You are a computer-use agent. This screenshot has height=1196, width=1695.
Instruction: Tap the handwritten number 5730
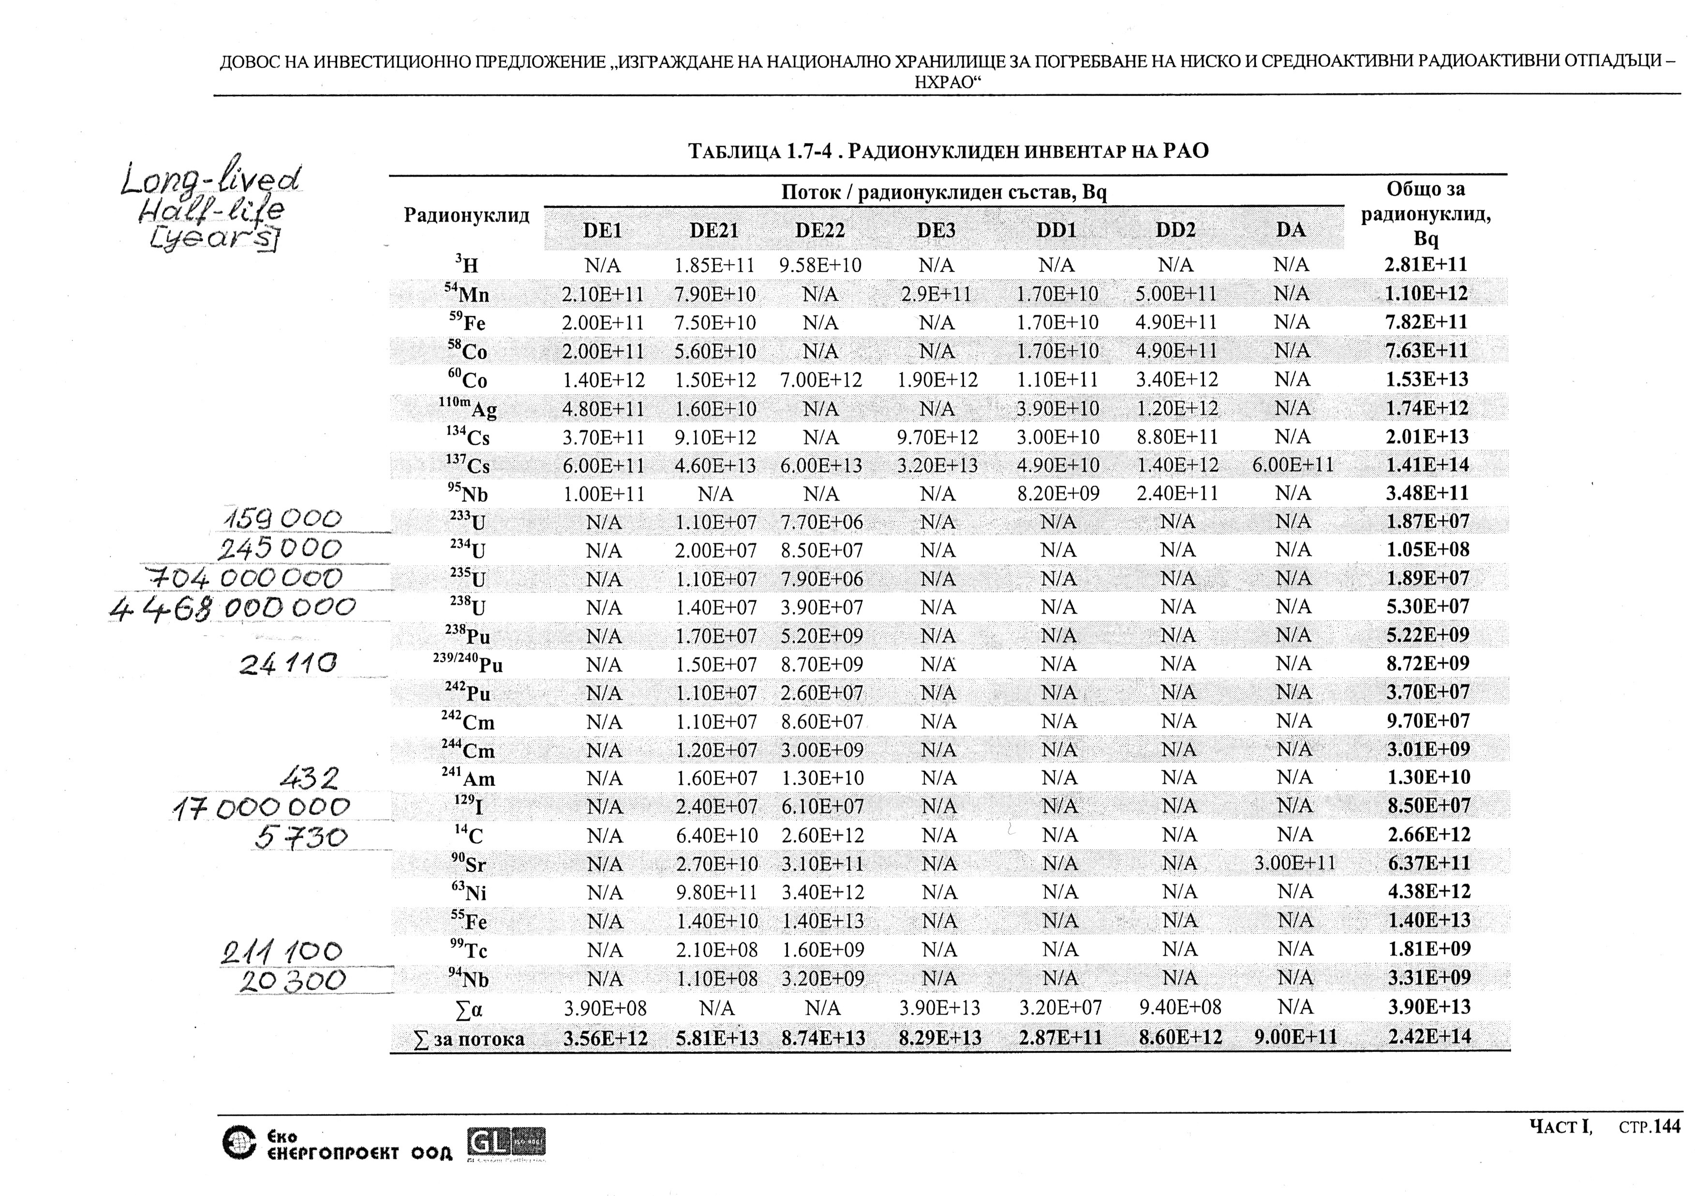click(x=301, y=837)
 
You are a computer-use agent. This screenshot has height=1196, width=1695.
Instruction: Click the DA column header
click(x=1291, y=230)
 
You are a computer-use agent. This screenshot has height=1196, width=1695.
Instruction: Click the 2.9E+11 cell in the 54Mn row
click(x=936, y=294)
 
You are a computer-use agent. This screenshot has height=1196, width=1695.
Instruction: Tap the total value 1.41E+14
click(x=1427, y=465)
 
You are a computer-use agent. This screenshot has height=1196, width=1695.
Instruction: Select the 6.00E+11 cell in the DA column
click(x=1293, y=465)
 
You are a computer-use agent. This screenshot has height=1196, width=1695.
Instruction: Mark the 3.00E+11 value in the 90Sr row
click(x=1294, y=863)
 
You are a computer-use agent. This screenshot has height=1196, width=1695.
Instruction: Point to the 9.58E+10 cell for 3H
click(x=820, y=265)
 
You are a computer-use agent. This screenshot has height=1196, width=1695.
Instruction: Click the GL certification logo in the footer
click(x=506, y=1144)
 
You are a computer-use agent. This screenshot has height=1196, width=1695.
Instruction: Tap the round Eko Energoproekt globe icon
click(x=239, y=1143)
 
